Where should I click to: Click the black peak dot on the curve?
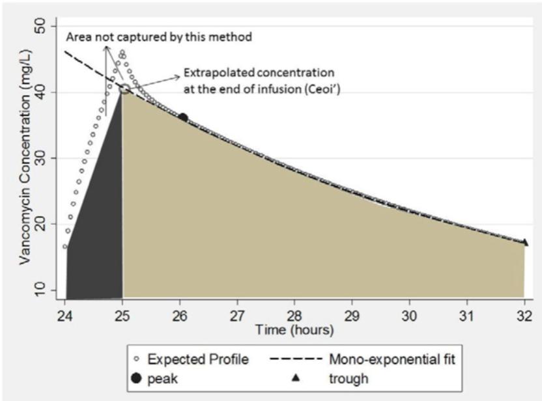[183, 118]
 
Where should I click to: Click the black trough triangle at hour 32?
[524, 243]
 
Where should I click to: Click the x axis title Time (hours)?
[294, 330]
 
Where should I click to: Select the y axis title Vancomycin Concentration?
[25, 159]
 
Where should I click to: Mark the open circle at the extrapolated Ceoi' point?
[124, 88]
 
